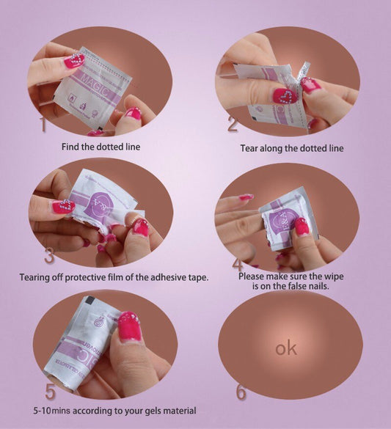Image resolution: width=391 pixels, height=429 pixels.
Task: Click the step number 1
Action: pyautogui.click(x=43, y=125)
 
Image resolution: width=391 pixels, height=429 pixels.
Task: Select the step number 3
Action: pyautogui.click(x=49, y=256)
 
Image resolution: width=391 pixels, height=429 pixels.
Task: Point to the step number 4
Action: pyautogui.click(x=237, y=265)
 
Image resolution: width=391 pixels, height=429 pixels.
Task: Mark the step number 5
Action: pyautogui.click(x=50, y=390)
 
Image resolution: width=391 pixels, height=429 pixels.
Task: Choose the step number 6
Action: pyautogui.click(x=241, y=392)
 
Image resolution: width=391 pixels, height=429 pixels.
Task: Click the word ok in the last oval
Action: pyautogui.click(x=286, y=348)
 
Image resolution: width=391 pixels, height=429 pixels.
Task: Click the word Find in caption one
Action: pyautogui.click(x=72, y=147)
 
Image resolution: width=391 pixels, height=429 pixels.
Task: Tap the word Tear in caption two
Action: pyautogui.click(x=251, y=148)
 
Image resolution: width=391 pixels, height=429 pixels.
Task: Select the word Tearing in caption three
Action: pyautogui.click(x=36, y=277)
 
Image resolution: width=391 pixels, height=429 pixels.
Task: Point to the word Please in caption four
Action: pyautogui.click(x=255, y=277)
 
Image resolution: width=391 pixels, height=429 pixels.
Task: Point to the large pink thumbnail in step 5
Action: pyautogui.click(x=129, y=326)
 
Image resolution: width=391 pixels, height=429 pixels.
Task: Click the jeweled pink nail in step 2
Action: pyautogui.click(x=285, y=95)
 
